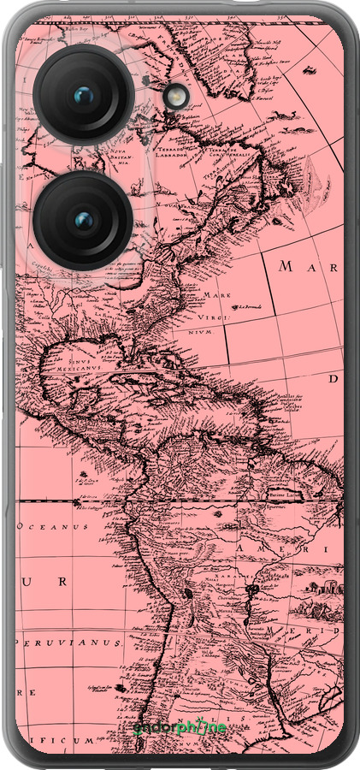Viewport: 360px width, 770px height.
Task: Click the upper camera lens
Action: [x=83, y=95]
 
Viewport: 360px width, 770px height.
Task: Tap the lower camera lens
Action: [x=83, y=222]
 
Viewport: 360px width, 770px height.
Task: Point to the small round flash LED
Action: [x=177, y=97]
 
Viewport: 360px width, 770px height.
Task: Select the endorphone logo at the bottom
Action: [x=180, y=729]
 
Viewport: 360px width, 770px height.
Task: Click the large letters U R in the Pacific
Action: [x=47, y=583]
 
